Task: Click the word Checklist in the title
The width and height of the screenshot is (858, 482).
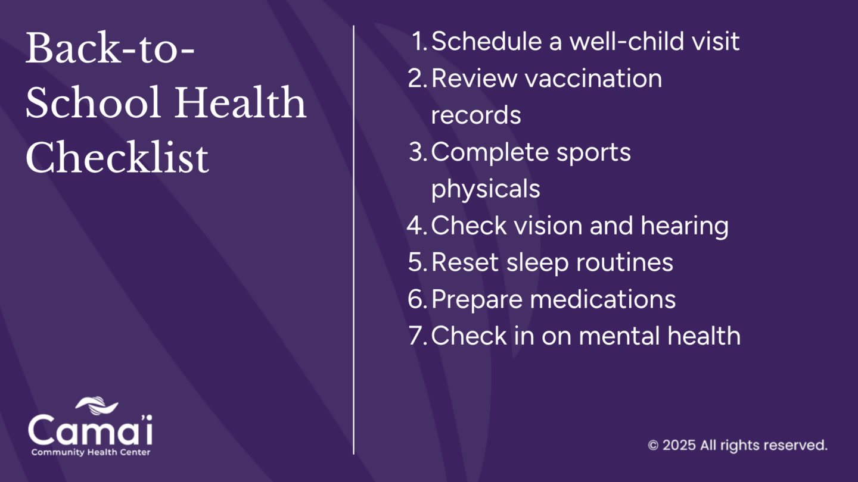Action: click(117, 157)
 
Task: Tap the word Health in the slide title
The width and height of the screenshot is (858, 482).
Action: click(241, 102)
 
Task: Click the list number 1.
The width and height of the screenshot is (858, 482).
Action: click(419, 41)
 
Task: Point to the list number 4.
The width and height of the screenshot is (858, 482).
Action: click(417, 226)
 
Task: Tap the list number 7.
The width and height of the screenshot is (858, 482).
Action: click(418, 336)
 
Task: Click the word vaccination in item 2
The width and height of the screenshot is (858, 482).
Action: click(593, 78)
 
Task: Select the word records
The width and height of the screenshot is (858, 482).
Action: click(476, 115)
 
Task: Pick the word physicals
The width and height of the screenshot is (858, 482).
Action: click(486, 189)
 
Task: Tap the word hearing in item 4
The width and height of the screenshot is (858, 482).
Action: click(685, 226)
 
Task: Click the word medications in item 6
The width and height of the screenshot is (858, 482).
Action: click(603, 299)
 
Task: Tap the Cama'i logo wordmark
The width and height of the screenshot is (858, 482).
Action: click(90, 430)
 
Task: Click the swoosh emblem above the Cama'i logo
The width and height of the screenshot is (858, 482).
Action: click(97, 405)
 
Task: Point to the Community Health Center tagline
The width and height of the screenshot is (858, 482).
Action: click(91, 452)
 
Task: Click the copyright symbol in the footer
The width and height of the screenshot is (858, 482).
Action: click(653, 445)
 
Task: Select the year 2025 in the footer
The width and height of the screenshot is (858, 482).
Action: click(679, 445)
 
